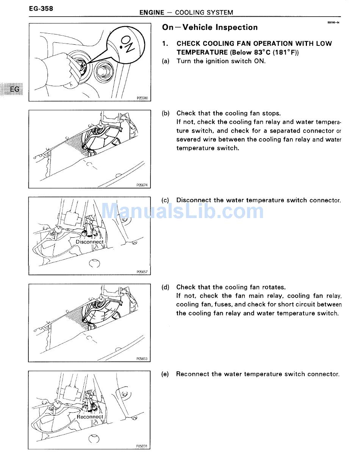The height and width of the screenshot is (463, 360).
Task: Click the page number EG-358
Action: pos(41,8)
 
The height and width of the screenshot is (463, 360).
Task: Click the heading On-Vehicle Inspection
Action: pos(210,27)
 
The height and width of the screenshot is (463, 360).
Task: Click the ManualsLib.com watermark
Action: pos(183,211)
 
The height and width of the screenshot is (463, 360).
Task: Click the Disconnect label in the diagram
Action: pos(89,242)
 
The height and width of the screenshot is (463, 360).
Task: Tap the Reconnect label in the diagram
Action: pos(90,416)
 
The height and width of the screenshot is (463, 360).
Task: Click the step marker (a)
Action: pos(166,61)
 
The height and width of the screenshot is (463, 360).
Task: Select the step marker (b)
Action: pos(166,113)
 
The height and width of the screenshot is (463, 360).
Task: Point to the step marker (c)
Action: pos(166,200)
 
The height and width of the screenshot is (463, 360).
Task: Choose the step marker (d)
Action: pos(166,287)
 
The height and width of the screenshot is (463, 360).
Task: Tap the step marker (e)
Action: pos(165,374)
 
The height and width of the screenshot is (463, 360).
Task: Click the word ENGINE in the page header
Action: pos(152,12)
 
